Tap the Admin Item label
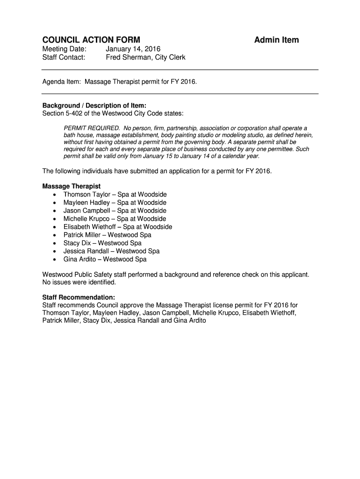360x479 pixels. [x=276, y=40]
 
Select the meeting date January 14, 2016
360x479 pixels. [x=133, y=49]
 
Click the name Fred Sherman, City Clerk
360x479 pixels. [x=145, y=58]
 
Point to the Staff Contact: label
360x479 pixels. [x=64, y=58]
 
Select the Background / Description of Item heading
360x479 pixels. [x=91, y=105]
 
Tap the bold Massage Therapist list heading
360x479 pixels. [x=72, y=186]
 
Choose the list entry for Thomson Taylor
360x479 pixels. [x=115, y=194]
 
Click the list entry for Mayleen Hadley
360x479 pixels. [x=115, y=203]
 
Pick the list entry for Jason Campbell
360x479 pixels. [x=115, y=210]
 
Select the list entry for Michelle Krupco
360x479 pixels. [x=115, y=218]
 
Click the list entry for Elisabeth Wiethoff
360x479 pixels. [x=118, y=227]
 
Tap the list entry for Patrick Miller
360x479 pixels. [x=108, y=235]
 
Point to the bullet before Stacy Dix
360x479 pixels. [x=55, y=243]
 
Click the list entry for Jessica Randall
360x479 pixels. [x=111, y=251]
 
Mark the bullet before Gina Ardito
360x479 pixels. [x=55, y=259]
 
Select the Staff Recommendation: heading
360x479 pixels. [x=79, y=298]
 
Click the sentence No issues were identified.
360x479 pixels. [x=79, y=283]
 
